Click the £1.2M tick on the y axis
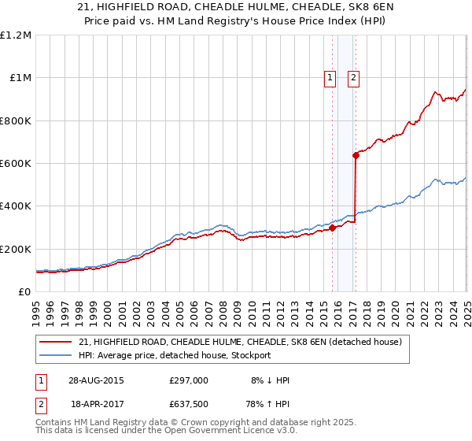click(15, 35)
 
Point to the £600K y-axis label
click(15, 164)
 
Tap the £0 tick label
click(24, 292)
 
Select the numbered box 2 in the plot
click(354, 77)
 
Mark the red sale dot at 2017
click(356, 155)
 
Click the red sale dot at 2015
click(332, 228)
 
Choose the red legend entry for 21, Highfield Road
click(240, 342)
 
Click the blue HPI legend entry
click(174, 355)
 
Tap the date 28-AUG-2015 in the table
click(96, 380)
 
